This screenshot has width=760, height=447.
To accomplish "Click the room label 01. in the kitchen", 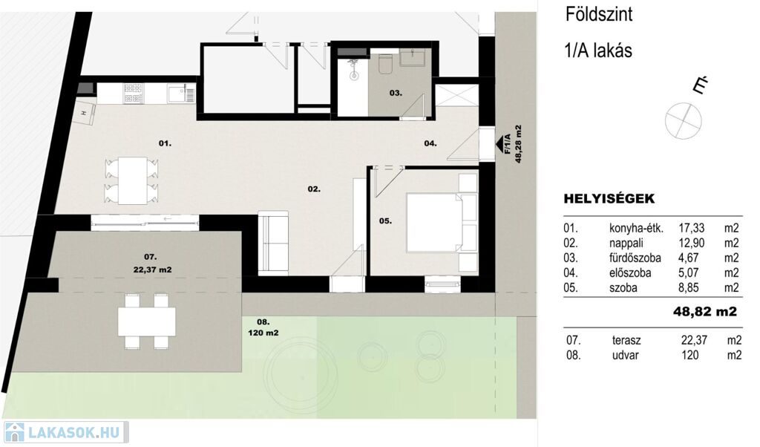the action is pos(165,143).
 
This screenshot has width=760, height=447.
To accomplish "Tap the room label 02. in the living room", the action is pos(314,189).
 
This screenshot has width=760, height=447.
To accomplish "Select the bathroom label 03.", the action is pos(396,93).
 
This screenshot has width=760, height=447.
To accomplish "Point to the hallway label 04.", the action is pos(430,143).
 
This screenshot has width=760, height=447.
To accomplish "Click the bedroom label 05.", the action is pos(385,221).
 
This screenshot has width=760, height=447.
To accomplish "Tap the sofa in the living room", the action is pos(273,243).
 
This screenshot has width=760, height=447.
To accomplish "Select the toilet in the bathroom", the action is pos(386,64).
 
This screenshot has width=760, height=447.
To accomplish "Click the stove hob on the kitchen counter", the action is pos(134,94).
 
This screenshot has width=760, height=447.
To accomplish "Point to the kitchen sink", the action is pos(182,93).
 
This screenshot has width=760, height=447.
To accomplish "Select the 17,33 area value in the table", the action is pos(692,228).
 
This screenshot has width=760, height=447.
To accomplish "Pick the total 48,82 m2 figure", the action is pos(705,311).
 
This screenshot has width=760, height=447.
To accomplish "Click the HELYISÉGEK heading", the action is pos(609,199).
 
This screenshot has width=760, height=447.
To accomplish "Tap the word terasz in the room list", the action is pos(626,340).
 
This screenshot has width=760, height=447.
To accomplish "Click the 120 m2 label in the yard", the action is pos(263,333).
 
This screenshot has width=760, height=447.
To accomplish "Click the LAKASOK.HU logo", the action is pos(65,432).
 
